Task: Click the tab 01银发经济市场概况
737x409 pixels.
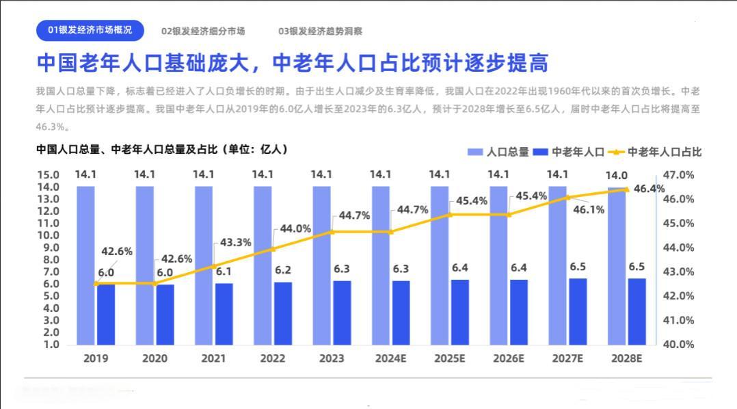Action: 90,31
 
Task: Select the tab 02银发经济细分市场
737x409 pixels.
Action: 203,31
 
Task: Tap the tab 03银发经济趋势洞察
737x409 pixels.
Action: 320,31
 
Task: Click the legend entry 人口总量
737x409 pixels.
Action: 498,152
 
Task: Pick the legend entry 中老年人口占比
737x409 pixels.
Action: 656,152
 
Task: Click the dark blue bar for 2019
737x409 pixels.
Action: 106,314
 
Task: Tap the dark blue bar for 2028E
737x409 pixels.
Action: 637,311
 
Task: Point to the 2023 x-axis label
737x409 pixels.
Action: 332,358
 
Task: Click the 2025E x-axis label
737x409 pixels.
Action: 451,358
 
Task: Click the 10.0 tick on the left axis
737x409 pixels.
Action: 47,235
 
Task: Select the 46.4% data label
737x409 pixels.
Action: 649,189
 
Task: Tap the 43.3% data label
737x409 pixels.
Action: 236,242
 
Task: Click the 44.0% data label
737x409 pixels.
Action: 295,228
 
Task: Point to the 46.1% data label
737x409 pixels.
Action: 588,210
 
